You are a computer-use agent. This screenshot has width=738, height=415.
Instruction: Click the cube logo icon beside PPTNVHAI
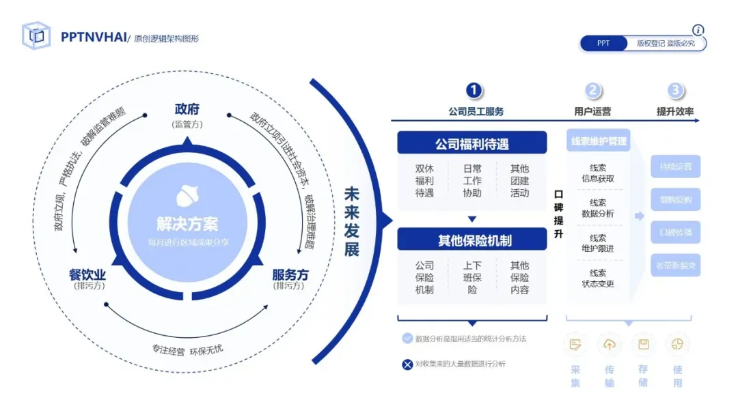(x=36, y=35)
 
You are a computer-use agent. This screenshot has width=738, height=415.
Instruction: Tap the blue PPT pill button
(x=603, y=43)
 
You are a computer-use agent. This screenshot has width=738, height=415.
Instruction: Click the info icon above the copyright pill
(x=698, y=30)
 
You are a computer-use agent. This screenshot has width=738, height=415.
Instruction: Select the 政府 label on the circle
(x=187, y=109)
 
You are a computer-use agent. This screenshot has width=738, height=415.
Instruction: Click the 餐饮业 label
(x=87, y=274)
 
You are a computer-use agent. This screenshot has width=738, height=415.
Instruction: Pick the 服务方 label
(x=290, y=274)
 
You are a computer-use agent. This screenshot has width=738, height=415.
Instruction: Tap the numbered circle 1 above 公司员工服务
(x=474, y=91)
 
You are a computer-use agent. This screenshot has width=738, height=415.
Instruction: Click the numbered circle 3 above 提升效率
(x=676, y=91)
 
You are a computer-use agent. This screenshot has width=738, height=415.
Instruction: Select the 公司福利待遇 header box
(x=472, y=144)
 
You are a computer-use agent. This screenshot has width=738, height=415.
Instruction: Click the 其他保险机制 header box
(x=472, y=240)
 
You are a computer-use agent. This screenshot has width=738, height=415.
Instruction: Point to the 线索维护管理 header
(x=599, y=141)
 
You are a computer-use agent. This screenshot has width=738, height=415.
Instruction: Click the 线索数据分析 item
(x=598, y=208)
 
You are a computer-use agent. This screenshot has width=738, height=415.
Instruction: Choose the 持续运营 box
(x=675, y=167)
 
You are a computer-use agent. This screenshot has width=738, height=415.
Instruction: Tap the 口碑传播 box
(x=675, y=232)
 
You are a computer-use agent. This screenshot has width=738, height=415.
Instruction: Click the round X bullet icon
(x=407, y=364)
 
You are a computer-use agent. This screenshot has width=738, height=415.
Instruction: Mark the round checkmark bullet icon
(x=407, y=338)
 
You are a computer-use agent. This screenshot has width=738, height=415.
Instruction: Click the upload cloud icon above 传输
(x=609, y=345)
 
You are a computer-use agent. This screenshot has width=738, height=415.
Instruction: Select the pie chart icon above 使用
(x=677, y=345)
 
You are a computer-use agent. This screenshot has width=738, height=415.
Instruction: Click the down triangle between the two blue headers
(x=471, y=219)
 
